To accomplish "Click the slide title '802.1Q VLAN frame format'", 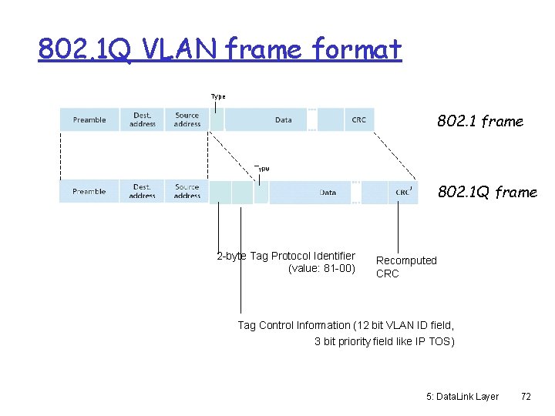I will tap(220, 50).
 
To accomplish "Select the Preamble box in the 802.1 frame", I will tap(89, 120).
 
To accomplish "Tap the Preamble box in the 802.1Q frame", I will tap(89, 192).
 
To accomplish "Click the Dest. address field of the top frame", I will tap(143, 120).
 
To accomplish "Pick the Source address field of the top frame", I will tap(187, 120).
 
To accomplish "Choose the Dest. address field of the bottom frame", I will tap(143, 192).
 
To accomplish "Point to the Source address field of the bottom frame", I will tap(187, 192).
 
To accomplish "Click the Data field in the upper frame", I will tap(283, 120).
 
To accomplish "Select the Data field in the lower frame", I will tap(328, 193).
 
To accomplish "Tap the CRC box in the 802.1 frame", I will tap(358, 120).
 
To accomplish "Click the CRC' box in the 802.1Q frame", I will tap(403, 193).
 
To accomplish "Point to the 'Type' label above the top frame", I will tap(218, 97).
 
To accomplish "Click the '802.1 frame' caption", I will tap(480, 122).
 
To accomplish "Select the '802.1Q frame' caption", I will tap(487, 193).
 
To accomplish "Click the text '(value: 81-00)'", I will tap(321, 269).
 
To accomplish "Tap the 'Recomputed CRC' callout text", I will tap(405, 267).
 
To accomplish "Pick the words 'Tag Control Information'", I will tap(294, 325).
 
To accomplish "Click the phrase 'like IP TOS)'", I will tap(423, 341).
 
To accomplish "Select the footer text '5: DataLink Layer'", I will tap(462, 396).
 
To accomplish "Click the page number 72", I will tap(526, 396).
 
